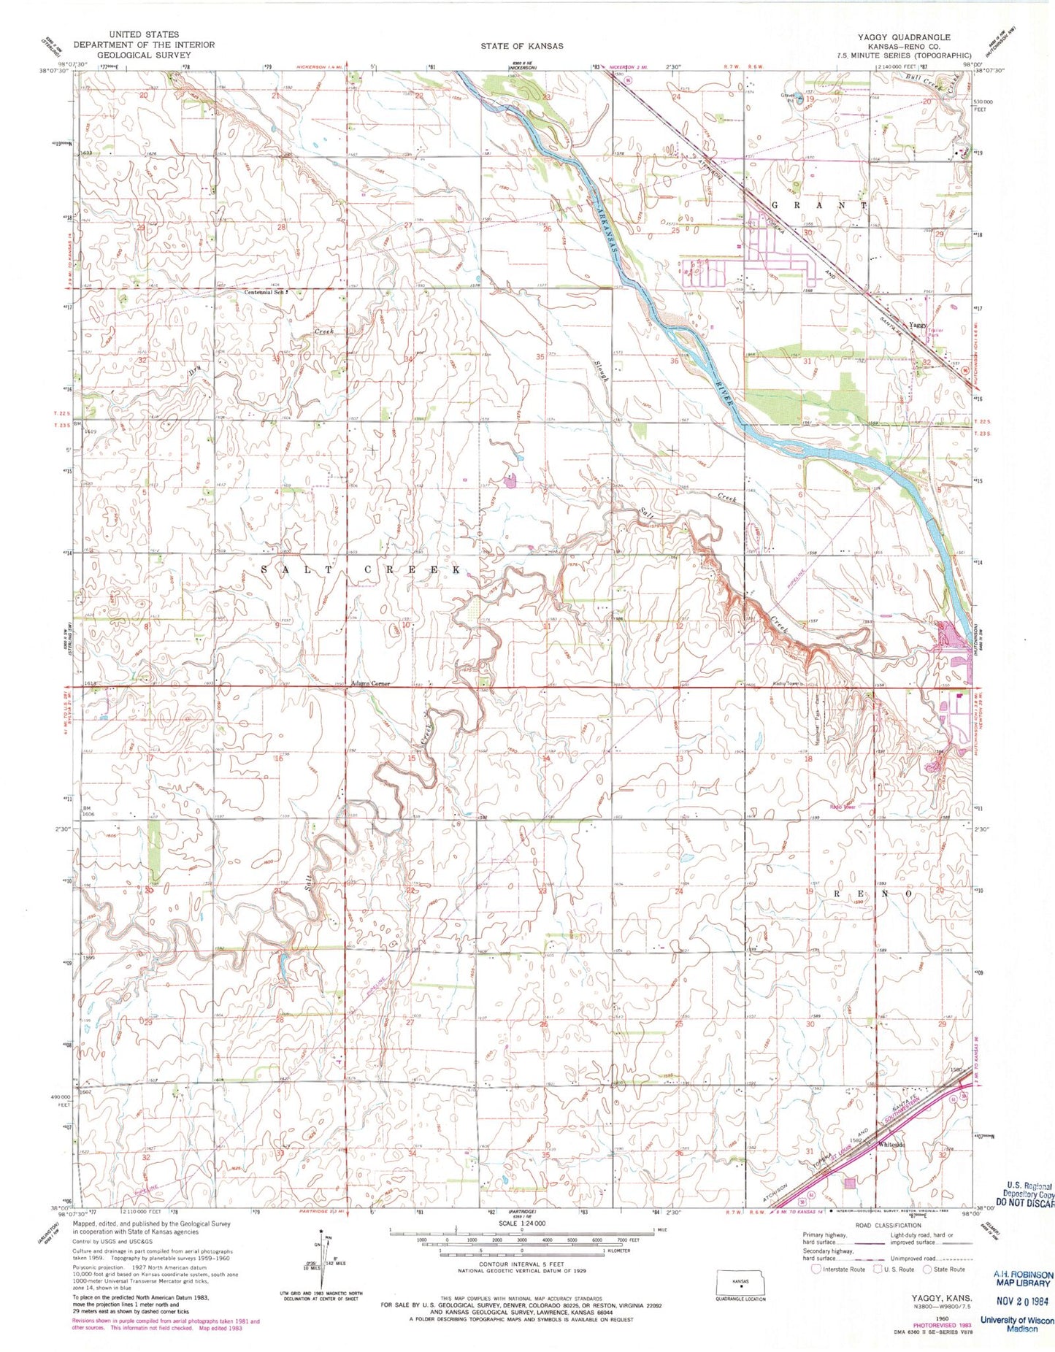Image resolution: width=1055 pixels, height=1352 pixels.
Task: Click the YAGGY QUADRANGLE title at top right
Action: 915,37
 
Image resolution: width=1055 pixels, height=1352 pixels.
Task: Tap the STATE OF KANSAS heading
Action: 521,45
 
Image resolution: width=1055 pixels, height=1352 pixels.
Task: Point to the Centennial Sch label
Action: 264,291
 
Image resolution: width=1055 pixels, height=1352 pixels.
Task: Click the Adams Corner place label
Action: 370,683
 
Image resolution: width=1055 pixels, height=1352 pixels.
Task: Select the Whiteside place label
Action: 891,1145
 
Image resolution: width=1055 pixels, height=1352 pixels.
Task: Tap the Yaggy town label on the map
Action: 916,325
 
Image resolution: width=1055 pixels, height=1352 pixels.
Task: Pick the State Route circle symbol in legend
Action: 927,1269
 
